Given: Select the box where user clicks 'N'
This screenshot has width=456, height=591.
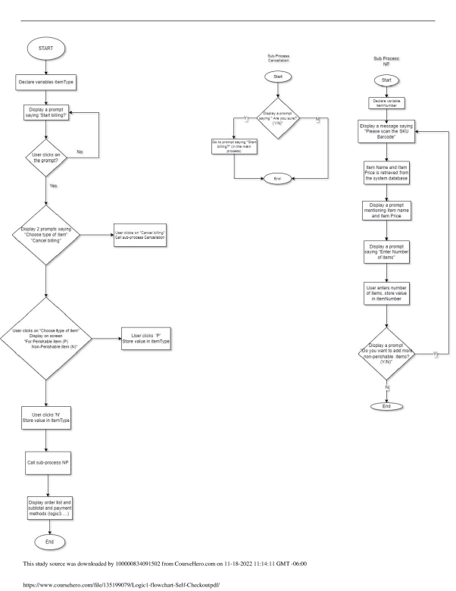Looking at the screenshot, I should tap(47, 417).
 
